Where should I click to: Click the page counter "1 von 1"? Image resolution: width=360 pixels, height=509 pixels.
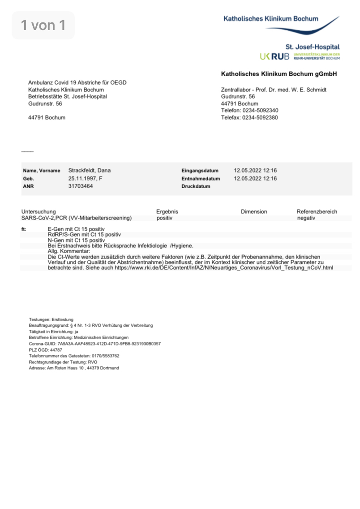coord(43,26)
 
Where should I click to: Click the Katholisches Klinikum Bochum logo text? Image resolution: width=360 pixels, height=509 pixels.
coord(271,19)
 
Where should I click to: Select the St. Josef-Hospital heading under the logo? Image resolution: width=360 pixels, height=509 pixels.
coord(312,47)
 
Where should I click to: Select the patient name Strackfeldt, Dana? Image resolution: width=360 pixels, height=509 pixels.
coord(89,171)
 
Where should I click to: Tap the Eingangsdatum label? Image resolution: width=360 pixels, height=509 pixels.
coord(200,171)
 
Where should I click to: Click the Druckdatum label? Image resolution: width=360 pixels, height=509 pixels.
coord(196,186)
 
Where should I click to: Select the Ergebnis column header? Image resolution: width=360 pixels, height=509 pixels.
coord(167,211)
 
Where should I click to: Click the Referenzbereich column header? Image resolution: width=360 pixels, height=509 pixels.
coord(317,211)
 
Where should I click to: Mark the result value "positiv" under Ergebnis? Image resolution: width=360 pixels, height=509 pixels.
coord(165,218)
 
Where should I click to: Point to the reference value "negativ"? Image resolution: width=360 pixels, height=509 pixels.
coord(306,218)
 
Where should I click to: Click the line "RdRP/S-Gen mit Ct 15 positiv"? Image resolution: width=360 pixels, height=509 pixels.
coord(84,235)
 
